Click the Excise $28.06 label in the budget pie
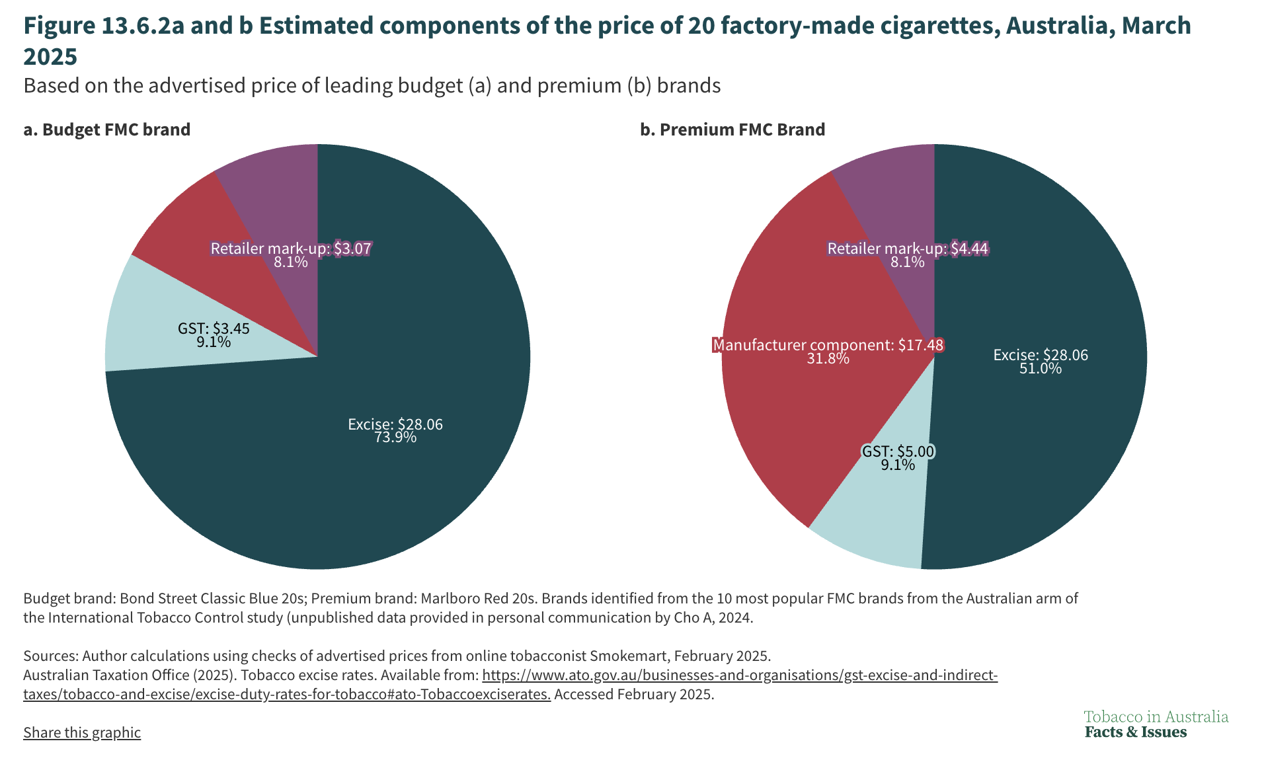[395, 424]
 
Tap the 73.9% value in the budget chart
[395, 438]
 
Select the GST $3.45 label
[214, 328]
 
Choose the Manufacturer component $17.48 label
[828, 345]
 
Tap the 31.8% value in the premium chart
[828, 359]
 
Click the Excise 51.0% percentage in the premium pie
[1040, 369]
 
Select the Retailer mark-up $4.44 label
[908, 249]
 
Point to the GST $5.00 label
[898, 451]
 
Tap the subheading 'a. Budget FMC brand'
[106, 130]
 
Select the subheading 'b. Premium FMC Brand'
[732, 130]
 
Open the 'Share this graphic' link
[82, 732]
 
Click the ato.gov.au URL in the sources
[740, 675]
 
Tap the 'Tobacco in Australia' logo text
[1156, 717]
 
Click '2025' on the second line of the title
[50, 57]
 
